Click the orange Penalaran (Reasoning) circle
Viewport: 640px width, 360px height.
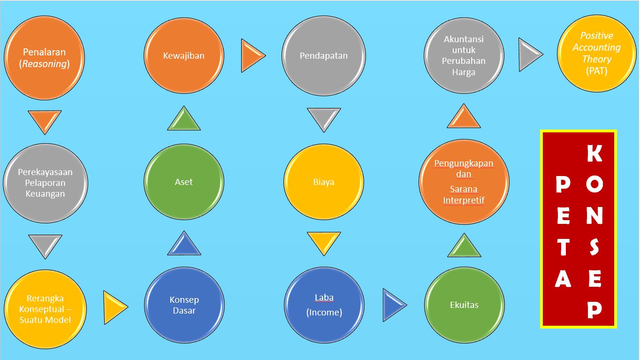44,57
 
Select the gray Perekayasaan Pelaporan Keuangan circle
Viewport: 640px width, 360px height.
45,183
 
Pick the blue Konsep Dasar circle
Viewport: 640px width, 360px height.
184,305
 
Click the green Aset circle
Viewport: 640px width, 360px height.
183,182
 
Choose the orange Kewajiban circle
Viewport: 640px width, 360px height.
183,55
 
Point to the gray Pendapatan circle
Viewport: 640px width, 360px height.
323,55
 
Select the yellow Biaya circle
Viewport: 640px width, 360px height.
323,182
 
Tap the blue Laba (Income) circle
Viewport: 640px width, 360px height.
324,305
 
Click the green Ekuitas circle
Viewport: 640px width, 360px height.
464,305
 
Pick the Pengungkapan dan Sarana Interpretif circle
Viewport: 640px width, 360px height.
464,182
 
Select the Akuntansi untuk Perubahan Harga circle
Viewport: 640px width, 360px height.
464,55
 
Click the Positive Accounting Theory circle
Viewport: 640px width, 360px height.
596,53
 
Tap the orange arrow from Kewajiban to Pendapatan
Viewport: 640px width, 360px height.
251,56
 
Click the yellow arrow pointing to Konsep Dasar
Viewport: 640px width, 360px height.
114,307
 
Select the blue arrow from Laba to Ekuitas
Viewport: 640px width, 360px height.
393,305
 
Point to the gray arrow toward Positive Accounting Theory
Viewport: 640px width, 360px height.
529,55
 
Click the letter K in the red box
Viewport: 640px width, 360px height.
594,153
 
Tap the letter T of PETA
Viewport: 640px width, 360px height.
563,247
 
